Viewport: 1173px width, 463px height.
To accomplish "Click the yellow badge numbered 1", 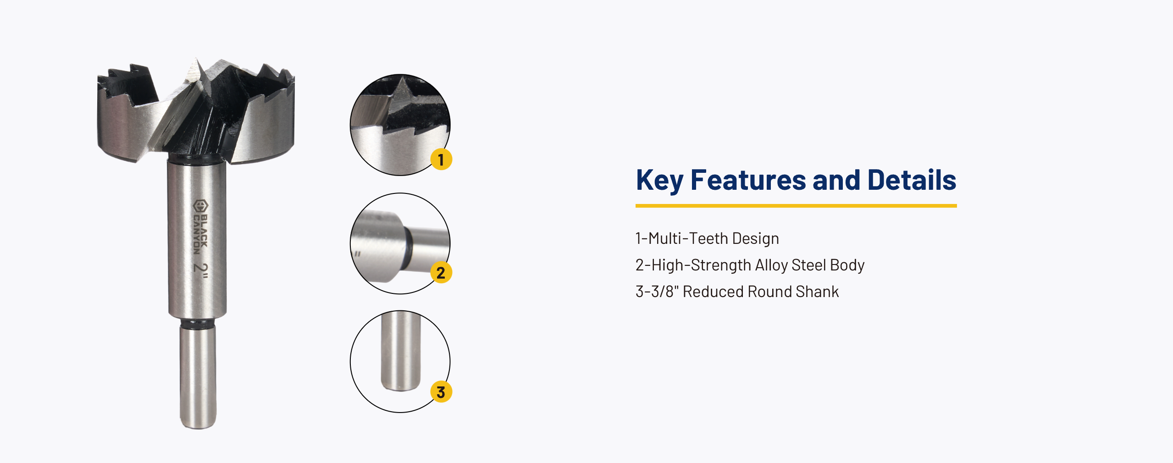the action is click(441, 159).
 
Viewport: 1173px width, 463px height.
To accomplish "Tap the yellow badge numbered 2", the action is click(441, 272).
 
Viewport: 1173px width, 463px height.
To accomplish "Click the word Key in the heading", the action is click(659, 180).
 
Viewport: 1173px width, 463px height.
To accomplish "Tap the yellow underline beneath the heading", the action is click(796, 206).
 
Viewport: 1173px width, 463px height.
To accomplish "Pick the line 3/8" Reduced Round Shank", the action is click(745, 292).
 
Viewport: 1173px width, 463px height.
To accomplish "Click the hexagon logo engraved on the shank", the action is click(200, 206).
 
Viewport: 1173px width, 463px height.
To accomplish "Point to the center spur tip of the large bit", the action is click(196, 59).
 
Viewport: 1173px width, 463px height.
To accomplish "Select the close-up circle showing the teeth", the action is click(400, 125).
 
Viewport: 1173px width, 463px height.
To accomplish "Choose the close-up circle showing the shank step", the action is click(400, 243).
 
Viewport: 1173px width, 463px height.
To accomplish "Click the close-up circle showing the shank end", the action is click(400, 362).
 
